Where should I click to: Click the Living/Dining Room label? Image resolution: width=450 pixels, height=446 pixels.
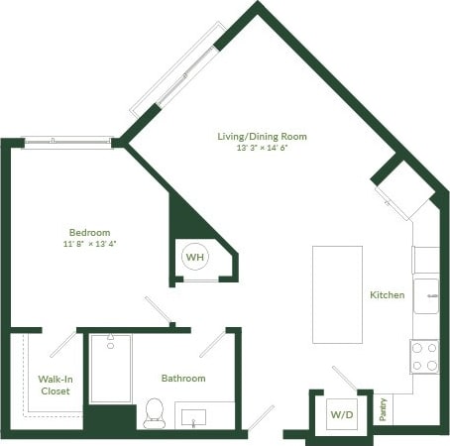[263, 136]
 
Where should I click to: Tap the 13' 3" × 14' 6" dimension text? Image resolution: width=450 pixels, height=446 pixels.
[263, 148]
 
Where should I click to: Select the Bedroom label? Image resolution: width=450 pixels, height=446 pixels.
[90, 232]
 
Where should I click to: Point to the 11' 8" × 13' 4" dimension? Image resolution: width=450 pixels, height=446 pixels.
[90, 244]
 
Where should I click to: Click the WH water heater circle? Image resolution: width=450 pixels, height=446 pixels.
[194, 258]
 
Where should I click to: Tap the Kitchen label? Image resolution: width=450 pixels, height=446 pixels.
[387, 294]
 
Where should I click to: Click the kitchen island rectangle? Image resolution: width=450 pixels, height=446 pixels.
[337, 293]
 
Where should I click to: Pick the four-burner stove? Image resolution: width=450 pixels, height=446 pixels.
[425, 356]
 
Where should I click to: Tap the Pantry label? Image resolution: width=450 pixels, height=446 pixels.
[384, 409]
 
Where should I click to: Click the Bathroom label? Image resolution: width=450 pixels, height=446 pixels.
[183, 379]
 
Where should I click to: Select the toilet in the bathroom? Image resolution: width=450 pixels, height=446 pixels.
[154, 412]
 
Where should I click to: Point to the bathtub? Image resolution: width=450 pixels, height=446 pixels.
[110, 369]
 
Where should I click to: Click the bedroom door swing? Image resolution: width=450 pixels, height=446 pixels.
[159, 309]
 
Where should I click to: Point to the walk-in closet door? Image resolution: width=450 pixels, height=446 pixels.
[62, 345]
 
